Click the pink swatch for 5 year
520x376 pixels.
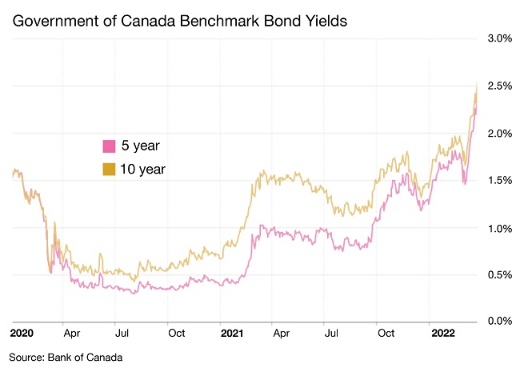tap(108, 146)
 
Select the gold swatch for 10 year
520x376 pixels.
tap(108, 169)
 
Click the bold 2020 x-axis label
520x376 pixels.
tap(22, 331)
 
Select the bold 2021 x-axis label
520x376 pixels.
tap(232, 331)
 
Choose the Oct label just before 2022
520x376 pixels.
tap(386, 331)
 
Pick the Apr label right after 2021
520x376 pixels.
tap(281, 331)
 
